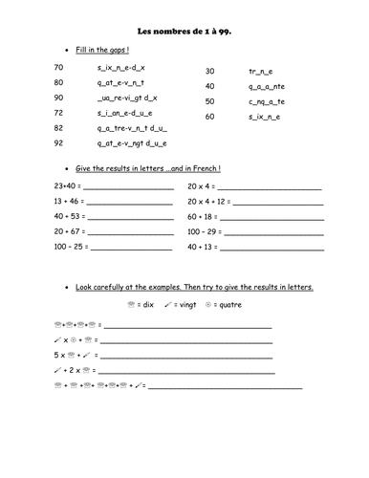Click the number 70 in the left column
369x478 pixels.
coord(59,67)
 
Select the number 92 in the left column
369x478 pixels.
coord(59,142)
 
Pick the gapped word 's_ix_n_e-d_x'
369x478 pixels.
coord(121,67)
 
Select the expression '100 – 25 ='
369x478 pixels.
coord(71,247)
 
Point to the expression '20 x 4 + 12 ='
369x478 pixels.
coord(207,202)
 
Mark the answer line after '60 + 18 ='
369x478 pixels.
coord(271,218)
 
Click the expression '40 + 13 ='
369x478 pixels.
coord(203,247)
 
